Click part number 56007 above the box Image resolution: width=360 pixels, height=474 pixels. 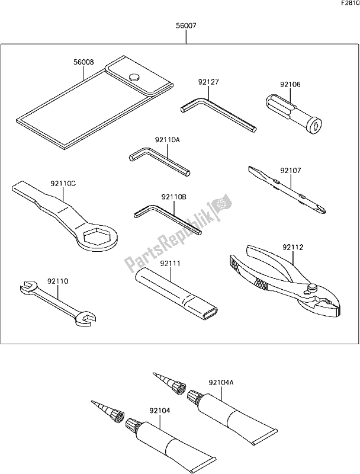point(185,27)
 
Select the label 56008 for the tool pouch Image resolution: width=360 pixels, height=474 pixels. point(84,62)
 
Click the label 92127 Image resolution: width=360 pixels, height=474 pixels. point(208,84)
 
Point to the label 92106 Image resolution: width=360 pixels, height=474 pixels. point(291,85)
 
